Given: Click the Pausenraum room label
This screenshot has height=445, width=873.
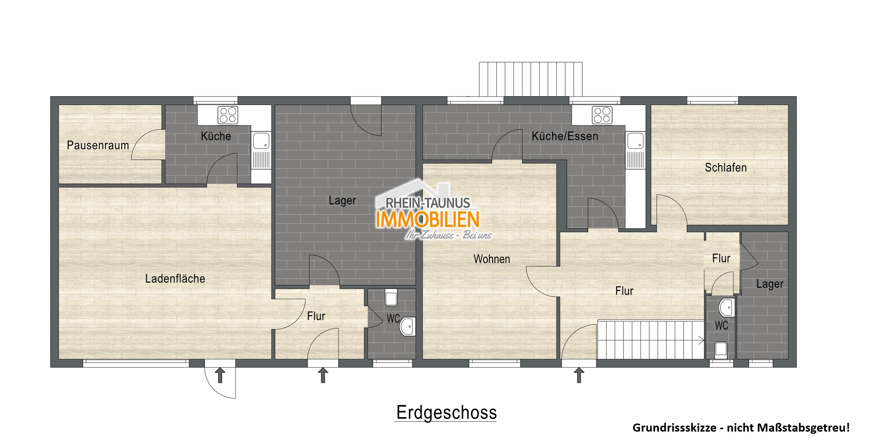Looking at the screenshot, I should pos(98,145).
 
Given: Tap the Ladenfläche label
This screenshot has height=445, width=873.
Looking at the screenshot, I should pos(175,279).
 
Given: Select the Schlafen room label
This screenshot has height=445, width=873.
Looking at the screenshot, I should pos(726,167).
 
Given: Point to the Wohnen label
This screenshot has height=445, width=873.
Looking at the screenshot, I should pos(491,259).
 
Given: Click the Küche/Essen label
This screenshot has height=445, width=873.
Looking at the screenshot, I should pos(565,136).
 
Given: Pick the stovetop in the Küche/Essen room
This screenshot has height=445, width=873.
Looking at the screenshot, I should pos(602,115).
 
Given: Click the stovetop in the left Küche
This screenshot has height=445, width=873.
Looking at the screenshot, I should pos(228,115).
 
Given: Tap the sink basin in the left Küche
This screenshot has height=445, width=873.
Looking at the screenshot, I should pos(261,140).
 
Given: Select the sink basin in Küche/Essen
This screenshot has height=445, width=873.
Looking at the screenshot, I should pos(635,140).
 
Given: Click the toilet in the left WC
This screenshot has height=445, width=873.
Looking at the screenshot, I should pos(391,298).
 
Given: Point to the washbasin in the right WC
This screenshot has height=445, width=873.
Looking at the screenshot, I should pos(727,308).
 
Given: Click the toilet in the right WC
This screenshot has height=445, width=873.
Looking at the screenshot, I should pos(721,350).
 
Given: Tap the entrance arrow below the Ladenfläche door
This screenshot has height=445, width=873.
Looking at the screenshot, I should pos(220,375).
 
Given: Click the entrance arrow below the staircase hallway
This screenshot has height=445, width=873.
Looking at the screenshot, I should pos(579,375).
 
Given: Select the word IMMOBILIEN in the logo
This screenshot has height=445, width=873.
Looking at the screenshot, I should pos(427,219).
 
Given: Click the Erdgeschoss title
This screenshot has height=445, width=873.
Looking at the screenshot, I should pos(446,412).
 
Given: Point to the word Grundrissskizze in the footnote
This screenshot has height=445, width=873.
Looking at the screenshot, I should pos(674,428).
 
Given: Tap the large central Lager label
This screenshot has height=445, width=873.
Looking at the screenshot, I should pos(342,200).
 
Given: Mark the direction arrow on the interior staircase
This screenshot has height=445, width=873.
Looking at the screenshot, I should pos(701,340).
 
